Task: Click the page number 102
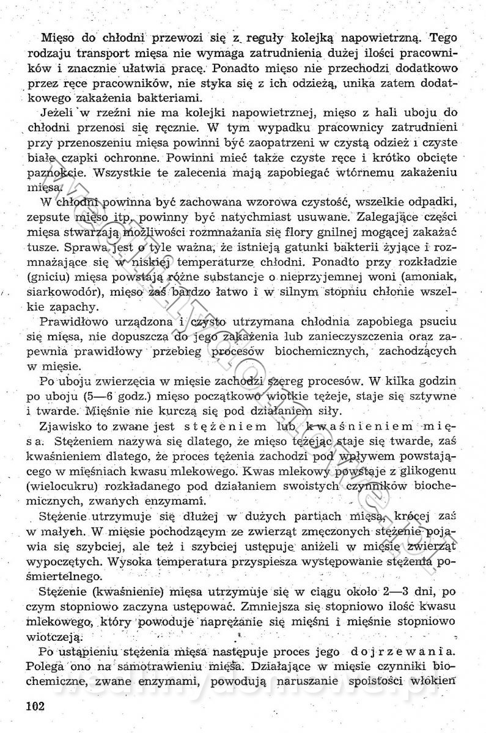[x=36, y=707]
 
